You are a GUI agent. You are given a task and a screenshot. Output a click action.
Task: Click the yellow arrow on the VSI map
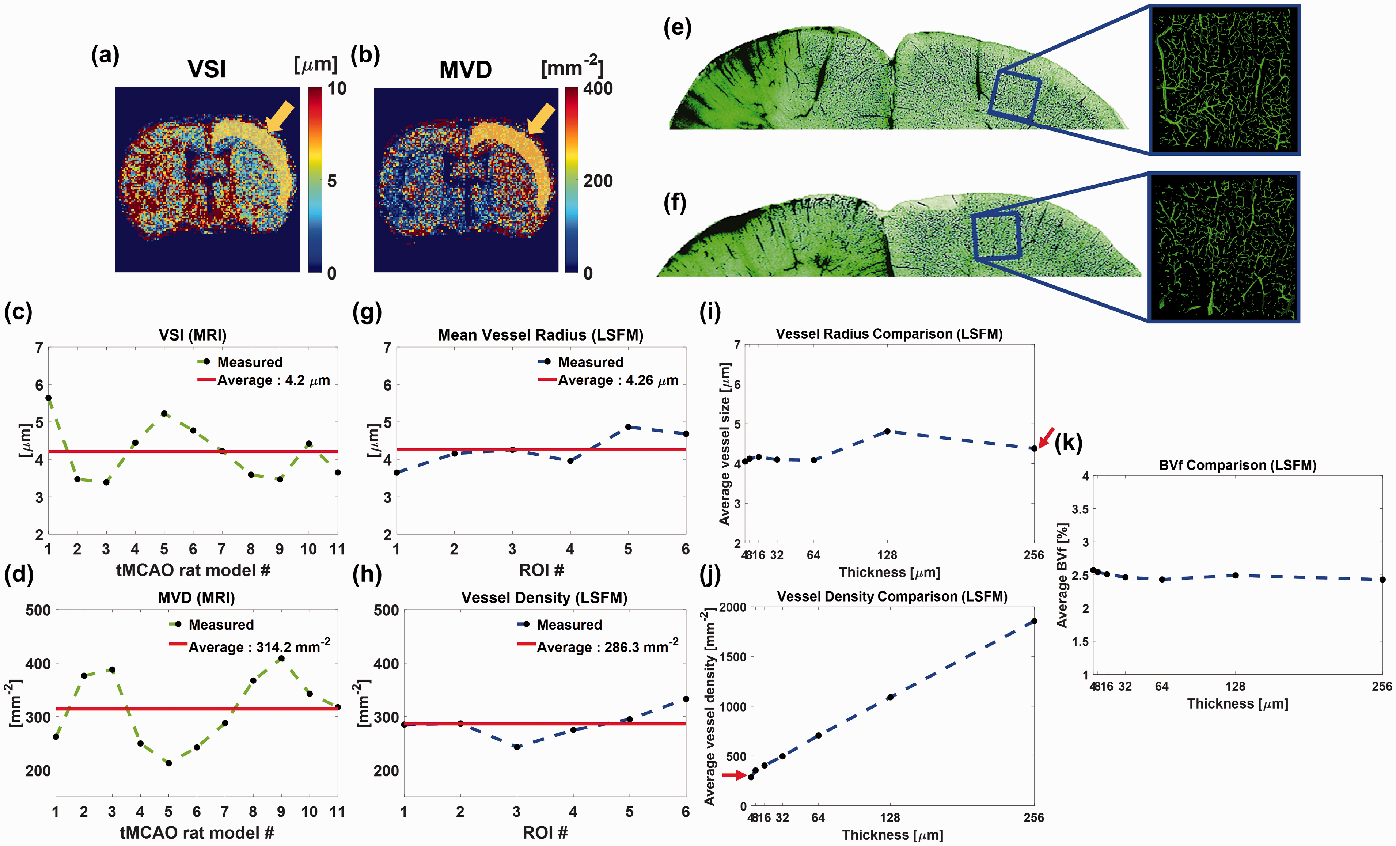(280, 117)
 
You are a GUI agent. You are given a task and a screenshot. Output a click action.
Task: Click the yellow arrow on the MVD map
(541, 118)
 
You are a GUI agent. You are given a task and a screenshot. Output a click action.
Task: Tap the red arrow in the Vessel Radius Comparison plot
(1046, 437)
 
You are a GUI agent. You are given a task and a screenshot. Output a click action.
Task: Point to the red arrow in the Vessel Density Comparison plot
(734, 775)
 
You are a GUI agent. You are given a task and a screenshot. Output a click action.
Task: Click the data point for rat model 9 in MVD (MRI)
(281, 659)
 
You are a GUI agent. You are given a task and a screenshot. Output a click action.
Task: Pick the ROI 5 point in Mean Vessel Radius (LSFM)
(628, 427)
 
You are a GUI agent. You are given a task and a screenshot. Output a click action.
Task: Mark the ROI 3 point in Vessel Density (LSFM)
(517, 747)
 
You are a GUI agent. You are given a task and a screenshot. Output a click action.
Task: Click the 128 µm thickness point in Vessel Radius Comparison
(887, 431)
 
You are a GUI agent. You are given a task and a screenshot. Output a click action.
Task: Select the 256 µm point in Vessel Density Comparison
(1034, 621)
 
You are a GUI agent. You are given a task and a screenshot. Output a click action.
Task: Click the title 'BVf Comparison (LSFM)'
(1237, 465)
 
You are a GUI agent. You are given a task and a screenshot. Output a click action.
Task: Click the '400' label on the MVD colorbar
(598, 88)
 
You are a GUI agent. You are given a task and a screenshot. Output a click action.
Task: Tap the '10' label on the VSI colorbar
(337, 88)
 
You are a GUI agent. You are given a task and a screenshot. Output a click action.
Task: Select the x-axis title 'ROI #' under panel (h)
(545, 832)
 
